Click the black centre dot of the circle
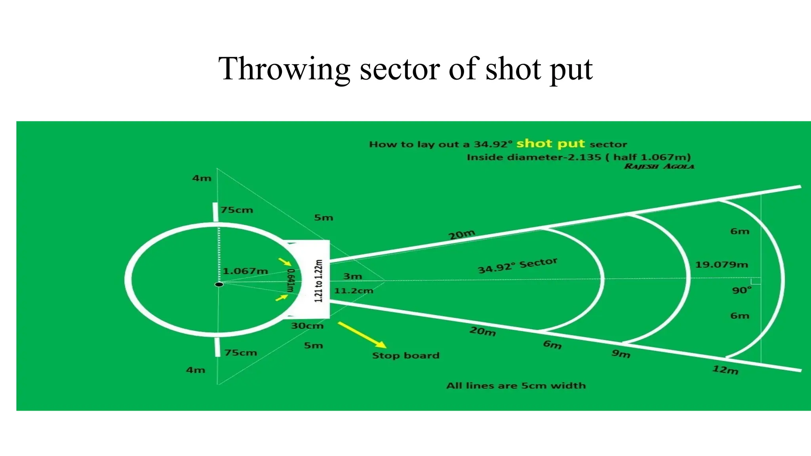point(219,284)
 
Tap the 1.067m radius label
point(245,271)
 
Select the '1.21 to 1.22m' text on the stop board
point(319,281)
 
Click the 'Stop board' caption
point(405,355)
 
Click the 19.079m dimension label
point(722,264)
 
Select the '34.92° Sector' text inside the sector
point(518,266)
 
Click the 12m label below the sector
point(725,370)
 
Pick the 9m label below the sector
point(621,353)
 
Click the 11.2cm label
point(353,291)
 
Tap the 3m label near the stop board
point(352,276)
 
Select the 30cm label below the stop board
point(307,326)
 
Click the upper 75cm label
point(237,210)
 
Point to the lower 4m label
point(196,370)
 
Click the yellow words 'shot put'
point(550,143)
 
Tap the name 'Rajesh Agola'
point(659,166)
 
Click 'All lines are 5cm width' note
point(516,386)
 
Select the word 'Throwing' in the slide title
point(284,69)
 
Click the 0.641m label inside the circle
point(291,280)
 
